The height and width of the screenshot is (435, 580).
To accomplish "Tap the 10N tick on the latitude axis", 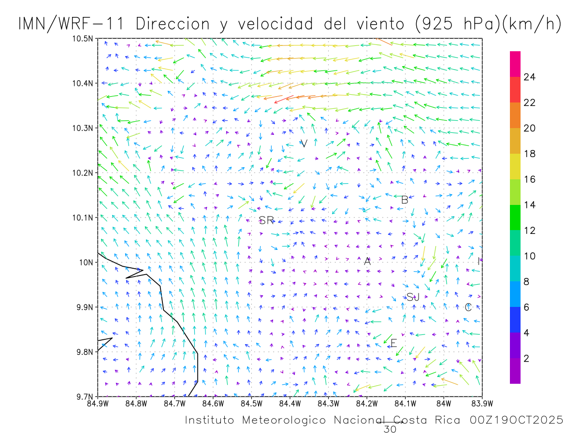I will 87,262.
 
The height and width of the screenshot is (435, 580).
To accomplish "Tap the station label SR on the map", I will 266,221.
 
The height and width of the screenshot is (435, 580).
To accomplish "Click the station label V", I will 304,144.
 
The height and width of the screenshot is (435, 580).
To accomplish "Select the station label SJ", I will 413,297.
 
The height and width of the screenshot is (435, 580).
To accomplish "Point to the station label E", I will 393,343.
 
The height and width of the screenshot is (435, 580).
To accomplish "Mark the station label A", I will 367,261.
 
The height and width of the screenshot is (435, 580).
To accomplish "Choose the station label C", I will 468,307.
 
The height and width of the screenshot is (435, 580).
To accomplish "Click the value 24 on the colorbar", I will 530,77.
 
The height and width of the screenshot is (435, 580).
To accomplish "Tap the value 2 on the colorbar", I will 527,359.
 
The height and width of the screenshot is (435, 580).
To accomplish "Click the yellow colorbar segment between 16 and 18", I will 515,166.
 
